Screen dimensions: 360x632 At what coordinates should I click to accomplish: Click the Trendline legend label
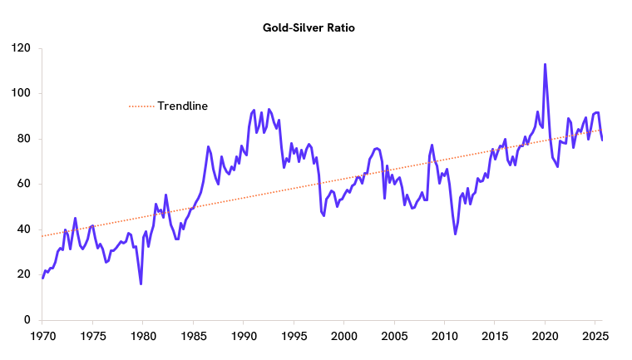[182, 106]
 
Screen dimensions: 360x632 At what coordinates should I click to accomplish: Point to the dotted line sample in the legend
[141, 106]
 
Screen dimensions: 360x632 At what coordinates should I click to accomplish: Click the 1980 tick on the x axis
[142, 337]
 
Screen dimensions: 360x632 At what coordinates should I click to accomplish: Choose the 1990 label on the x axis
[243, 337]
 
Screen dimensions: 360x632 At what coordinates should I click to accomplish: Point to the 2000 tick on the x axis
[343, 337]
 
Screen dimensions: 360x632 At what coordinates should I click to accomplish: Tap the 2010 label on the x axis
[444, 337]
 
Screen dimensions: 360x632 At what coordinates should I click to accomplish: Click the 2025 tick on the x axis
[595, 337]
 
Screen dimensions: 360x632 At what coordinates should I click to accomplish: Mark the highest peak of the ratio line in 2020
[545, 64]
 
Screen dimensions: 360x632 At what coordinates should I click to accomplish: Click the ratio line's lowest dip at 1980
[141, 284]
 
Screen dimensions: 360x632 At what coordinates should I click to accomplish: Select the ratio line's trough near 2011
[455, 234]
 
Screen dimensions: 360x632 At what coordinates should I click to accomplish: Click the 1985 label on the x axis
[193, 337]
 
